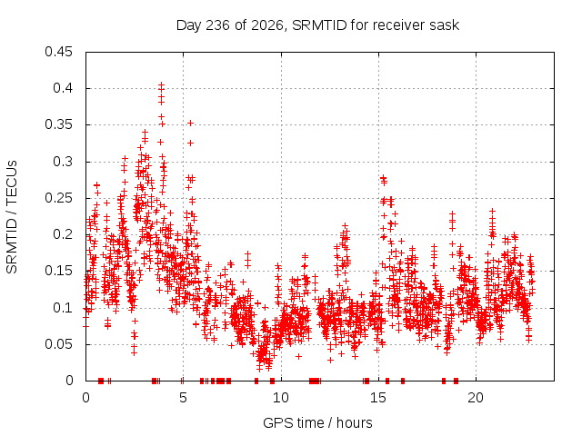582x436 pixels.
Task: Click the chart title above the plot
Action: [317, 25]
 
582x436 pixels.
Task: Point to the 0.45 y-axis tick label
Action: [58, 52]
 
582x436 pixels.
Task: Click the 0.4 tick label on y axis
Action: [63, 88]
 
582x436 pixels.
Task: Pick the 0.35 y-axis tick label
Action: [58, 124]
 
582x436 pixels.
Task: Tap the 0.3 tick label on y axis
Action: [63, 162]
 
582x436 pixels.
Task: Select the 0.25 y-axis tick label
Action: [58, 198]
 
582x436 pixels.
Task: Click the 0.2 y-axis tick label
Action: [63, 234]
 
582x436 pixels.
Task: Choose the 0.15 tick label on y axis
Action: [58, 271]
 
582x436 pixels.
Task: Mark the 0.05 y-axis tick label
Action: [58, 344]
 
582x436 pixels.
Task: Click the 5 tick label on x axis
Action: [183, 398]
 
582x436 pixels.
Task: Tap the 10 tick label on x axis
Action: [281, 398]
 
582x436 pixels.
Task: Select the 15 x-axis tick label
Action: [378, 398]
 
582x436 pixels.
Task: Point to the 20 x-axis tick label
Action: [476, 398]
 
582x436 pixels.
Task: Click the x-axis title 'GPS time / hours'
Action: [317, 422]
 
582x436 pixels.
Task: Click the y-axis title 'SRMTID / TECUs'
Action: [12, 217]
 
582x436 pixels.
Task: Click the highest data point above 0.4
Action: [161, 84]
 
